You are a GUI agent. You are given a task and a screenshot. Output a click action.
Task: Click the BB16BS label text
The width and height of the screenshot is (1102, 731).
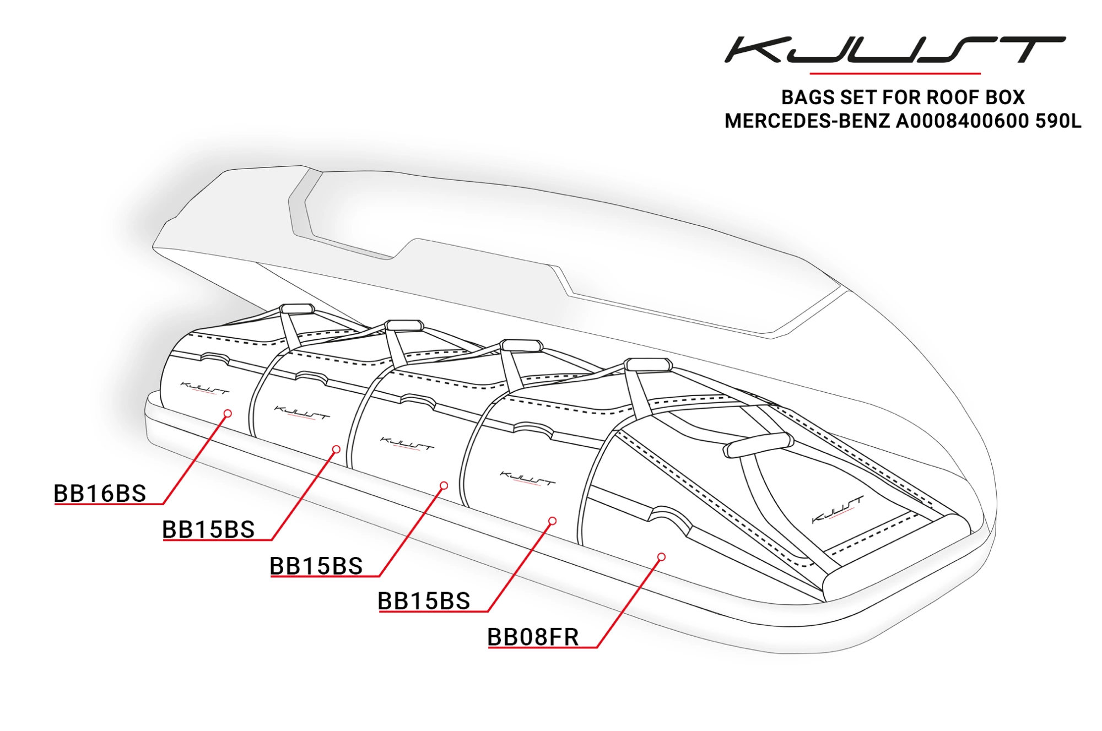(x=100, y=493)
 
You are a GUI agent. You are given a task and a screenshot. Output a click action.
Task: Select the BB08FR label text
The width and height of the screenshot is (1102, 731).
(x=533, y=637)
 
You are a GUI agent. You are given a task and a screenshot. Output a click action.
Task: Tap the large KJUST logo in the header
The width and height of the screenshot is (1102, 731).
(x=894, y=50)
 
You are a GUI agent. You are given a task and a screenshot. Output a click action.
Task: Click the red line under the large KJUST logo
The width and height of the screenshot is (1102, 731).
(x=894, y=73)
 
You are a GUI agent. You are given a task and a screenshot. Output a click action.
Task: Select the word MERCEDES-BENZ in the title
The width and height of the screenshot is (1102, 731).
(x=807, y=121)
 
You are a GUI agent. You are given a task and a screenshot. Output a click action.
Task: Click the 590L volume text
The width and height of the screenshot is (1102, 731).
(x=1058, y=121)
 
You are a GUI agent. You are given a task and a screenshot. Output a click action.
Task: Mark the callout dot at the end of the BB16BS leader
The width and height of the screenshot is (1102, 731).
(x=228, y=413)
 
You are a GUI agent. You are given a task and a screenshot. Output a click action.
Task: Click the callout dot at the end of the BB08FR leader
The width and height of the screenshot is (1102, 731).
(x=661, y=557)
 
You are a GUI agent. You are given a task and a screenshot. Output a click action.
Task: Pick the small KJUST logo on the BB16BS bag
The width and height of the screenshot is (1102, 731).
(x=204, y=388)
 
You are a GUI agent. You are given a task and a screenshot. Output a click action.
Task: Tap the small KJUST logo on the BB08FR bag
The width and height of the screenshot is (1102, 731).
(x=838, y=510)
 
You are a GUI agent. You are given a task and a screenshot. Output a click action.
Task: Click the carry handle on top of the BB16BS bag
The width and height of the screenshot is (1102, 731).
(x=298, y=308)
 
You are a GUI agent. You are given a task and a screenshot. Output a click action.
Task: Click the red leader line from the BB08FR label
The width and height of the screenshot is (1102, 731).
(x=628, y=604)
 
